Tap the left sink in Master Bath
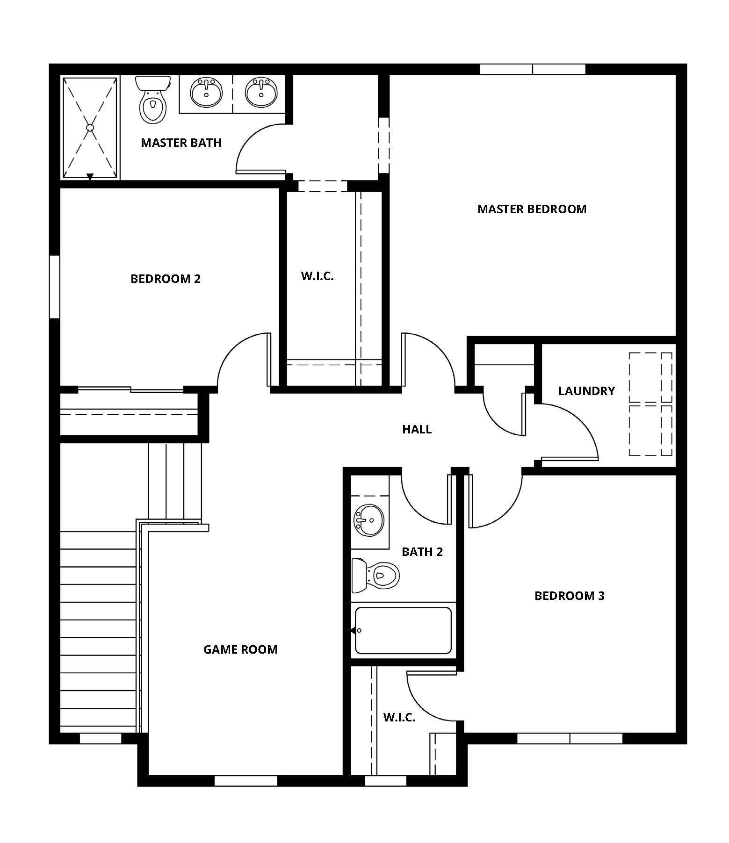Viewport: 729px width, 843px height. tap(206, 93)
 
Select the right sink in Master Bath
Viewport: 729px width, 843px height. tap(262, 93)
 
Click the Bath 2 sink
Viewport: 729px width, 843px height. tap(369, 520)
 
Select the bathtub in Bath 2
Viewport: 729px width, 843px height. tap(403, 630)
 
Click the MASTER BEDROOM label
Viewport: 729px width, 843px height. tap(532, 209)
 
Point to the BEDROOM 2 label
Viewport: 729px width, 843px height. tap(166, 279)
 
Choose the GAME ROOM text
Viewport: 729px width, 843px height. tap(240, 649)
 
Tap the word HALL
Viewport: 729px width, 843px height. tap(417, 429)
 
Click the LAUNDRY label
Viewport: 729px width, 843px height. tap(586, 391)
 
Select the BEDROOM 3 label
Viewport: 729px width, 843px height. tap(569, 596)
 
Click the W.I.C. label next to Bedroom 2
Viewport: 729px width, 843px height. tap(318, 276)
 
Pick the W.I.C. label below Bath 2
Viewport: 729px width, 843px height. tap(399, 718)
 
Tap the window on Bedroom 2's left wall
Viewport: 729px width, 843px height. tap(55, 287)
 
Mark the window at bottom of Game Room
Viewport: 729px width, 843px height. tap(246, 780)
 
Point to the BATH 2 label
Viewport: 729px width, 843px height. tap(422, 552)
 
